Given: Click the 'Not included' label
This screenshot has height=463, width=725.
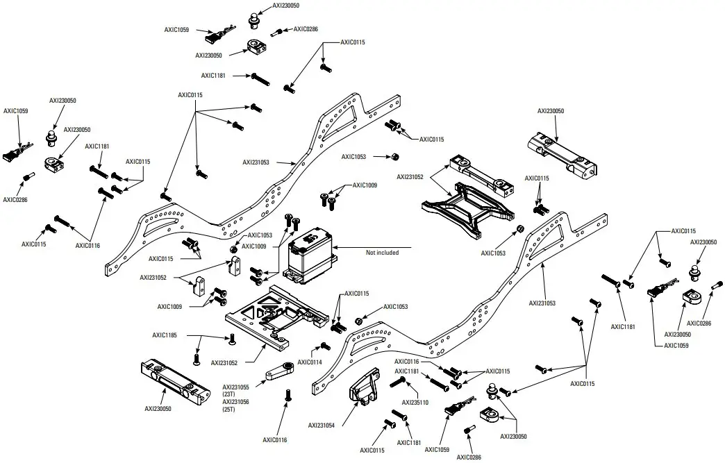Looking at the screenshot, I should click(x=382, y=253).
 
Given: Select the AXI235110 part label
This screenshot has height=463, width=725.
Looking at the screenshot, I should click(x=415, y=402).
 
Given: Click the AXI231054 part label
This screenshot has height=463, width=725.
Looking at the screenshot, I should click(x=322, y=426).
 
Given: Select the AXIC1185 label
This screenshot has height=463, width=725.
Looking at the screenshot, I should click(x=165, y=335).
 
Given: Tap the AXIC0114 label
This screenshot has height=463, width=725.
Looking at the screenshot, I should click(x=309, y=362).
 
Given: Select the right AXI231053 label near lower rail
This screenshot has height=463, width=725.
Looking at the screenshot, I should click(x=543, y=303).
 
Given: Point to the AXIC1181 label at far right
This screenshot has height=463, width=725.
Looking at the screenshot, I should click(x=624, y=326).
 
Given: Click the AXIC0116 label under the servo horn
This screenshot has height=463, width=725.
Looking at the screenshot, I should click(x=275, y=439).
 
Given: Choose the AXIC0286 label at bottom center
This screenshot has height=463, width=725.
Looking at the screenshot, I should click(x=469, y=457).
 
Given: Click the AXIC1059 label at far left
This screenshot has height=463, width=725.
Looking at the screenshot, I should click(x=16, y=110).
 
